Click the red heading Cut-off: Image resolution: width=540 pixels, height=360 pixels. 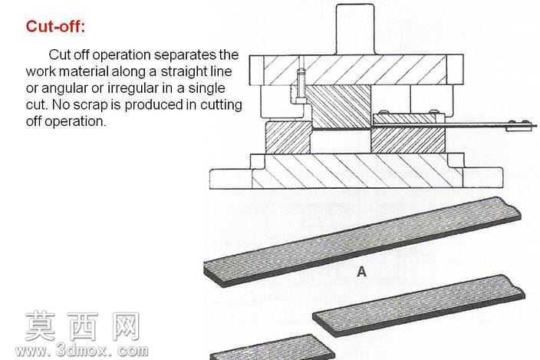click(x=55, y=27)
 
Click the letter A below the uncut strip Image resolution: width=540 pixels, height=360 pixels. click(x=361, y=272)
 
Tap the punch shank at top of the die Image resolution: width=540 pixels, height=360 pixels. click(x=354, y=29)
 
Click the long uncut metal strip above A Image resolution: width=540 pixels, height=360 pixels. click(x=362, y=242)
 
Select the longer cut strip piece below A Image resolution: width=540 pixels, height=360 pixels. click(x=419, y=306)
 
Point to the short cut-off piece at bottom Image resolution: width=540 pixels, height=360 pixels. click(x=272, y=348)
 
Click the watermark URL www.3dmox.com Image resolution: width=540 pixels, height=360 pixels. click(x=82, y=351)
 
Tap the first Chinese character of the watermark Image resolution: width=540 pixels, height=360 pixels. click(x=41, y=326)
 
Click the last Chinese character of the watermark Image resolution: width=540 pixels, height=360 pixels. click(x=126, y=326)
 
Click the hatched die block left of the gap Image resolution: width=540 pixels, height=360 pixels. click(x=288, y=137)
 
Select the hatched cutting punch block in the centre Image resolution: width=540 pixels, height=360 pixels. click(x=338, y=107)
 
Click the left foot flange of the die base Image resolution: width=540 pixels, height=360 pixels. click(x=231, y=178)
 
